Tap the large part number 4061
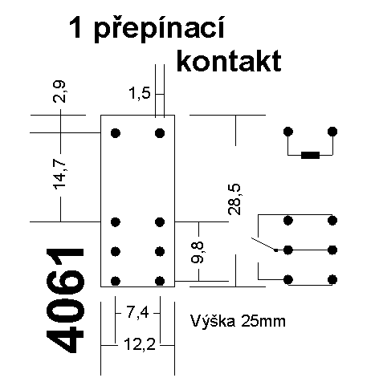tap(65, 301)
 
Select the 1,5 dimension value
tap(140, 94)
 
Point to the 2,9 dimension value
tap(59, 91)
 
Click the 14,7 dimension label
tap(59, 174)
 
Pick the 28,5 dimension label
tap(234, 200)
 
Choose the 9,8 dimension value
tap(198, 252)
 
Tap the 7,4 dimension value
tap(137, 312)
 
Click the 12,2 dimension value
tap(140, 344)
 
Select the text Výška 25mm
tap(238, 321)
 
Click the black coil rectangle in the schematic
tap(310, 155)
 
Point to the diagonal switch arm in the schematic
tap(263, 244)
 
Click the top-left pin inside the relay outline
tap(116, 132)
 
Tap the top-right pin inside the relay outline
tap(160, 132)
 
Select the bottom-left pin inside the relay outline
tap(116, 281)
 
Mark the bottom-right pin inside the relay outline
tap(160, 281)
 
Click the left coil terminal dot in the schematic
tap(288, 132)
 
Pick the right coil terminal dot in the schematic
tap(332, 132)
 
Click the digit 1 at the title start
tap(75, 28)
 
